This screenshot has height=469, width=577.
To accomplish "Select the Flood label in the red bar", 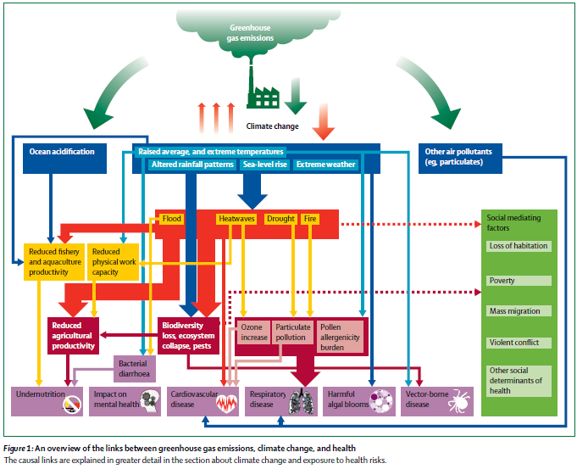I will [172, 219].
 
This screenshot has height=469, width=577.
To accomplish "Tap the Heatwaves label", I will [236, 219].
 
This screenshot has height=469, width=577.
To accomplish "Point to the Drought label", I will [280, 219].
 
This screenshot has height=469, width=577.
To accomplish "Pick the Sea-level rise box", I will [265, 165].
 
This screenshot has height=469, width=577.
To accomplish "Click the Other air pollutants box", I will [461, 155].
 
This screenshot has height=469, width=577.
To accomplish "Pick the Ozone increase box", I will [253, 332].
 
